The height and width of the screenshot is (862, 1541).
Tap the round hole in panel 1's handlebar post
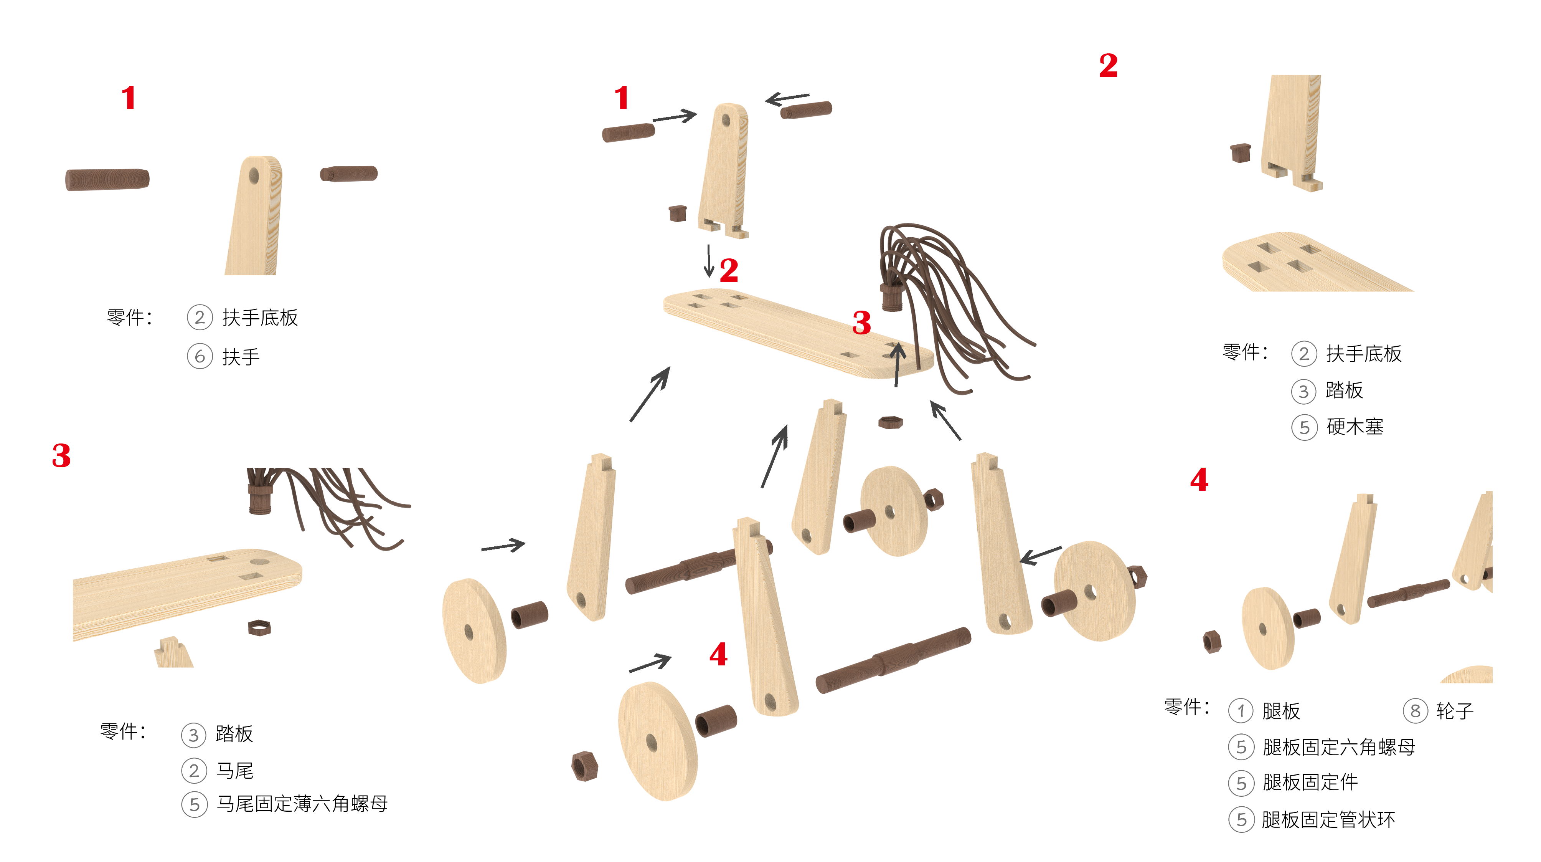(254, 176)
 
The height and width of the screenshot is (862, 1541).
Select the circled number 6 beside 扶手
(200, 356)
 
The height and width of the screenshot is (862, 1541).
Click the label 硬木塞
(1355, 427)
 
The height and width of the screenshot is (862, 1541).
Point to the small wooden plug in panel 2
(1241, 153)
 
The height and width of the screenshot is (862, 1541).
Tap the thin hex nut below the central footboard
(890, 423)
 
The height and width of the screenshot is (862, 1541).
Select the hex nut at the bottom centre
(584, 766)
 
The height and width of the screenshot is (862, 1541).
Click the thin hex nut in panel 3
(259, 628)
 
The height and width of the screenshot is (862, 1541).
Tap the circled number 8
(1416, 711)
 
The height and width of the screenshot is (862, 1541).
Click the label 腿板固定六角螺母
(1339, 747)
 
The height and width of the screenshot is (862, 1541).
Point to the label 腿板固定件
(1310, 783)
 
